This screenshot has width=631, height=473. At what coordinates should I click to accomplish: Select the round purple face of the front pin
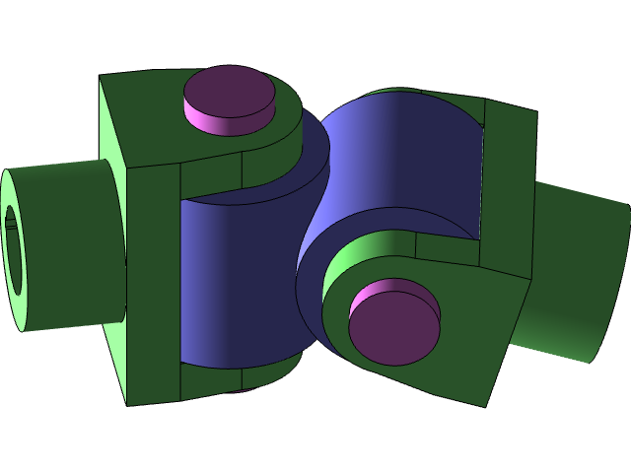393,329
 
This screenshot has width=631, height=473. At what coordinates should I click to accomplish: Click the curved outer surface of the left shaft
69,246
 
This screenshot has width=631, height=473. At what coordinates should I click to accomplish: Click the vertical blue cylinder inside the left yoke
227,286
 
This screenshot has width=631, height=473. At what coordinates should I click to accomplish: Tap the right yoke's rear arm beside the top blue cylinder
509,187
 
